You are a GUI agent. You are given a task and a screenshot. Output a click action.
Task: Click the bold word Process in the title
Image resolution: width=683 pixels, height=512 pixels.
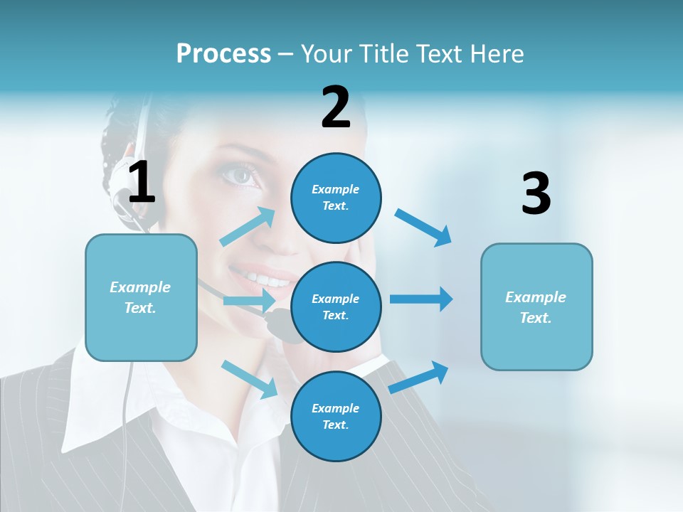(223, 54)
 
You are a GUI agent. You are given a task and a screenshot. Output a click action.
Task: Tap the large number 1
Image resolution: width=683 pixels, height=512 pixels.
(142, 183)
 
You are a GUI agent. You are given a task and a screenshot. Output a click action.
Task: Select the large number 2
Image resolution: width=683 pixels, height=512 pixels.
(336, 107)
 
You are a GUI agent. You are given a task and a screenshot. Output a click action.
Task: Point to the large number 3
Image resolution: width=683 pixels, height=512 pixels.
(536, 194)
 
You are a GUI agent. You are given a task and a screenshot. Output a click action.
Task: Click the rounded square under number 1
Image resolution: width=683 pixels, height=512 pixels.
(141, 297)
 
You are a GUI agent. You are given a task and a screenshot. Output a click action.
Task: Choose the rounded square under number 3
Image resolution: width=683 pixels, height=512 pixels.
(536, 306)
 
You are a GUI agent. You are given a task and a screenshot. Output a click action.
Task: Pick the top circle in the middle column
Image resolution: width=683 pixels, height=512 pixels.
(336, 198)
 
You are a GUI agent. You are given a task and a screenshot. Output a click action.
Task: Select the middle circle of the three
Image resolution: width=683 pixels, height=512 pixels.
(336, 306)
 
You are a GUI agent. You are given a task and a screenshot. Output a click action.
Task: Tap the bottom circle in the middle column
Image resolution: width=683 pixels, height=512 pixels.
(336, 416)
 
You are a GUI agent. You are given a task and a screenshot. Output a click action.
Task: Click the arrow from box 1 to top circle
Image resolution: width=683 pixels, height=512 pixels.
(248, 227)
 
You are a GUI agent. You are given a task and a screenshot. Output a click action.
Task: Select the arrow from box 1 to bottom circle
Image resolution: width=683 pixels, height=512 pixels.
(250, 378)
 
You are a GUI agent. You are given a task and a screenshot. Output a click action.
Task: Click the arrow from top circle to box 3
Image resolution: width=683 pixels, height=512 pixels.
(423, 227)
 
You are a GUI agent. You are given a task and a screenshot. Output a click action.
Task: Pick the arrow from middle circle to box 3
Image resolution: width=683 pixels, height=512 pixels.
(421, 299)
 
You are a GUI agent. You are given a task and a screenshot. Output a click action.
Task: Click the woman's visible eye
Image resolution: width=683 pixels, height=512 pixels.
(243, 175)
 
